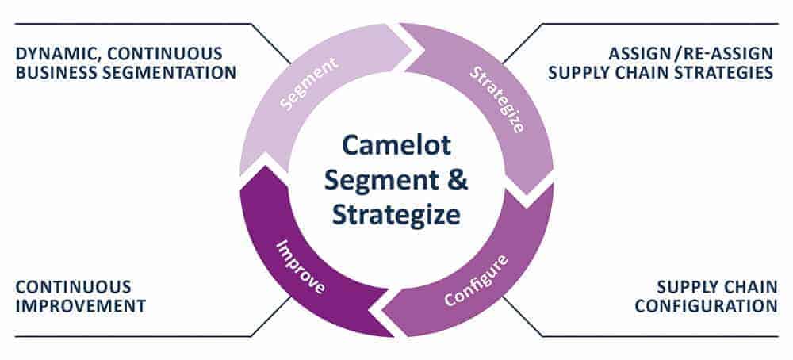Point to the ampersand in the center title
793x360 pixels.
[x=458, y=181]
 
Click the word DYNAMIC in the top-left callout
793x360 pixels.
[x=50, y=55]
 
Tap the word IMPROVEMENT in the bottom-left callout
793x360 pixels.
[x=80, y=305]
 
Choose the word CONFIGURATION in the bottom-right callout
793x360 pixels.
[x=706, y=305]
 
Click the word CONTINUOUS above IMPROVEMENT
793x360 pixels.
[x=73, y=287]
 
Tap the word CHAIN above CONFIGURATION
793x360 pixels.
[x=749, y=287]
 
